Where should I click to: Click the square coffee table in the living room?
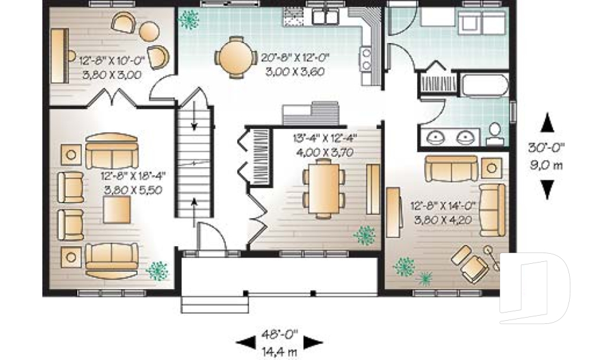[118, 209]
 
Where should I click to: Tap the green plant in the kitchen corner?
[188, 20]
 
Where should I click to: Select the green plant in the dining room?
[364, 236]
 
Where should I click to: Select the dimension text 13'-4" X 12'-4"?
[323, 139]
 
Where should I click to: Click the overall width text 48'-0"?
[279, 332]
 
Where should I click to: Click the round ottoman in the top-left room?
[150, 31]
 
